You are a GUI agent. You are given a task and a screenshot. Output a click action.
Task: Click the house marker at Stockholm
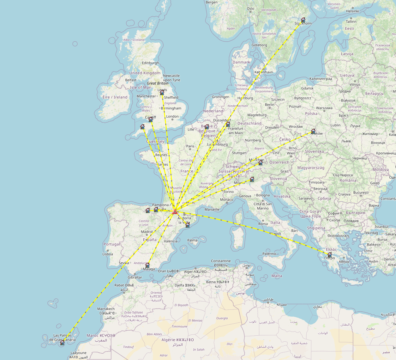coord(303,20)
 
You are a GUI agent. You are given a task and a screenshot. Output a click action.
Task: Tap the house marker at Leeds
coord(162,93)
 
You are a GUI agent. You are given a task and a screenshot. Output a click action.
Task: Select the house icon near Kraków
coord(313,131)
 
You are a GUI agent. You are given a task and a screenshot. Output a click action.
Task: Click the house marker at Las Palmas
coord(62,343)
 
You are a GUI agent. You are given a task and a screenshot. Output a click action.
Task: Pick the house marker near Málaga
coord(147,265)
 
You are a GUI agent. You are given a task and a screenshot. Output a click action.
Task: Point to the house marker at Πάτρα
coord(330,254)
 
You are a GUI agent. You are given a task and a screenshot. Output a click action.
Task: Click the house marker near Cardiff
coord(151,120)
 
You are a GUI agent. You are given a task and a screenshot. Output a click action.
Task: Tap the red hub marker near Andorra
coord(175,212)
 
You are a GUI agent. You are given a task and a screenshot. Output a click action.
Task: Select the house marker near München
coord(261,163)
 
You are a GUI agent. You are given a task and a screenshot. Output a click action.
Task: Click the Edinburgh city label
coord(150,63)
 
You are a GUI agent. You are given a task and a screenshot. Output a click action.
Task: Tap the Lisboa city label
coord(108,254)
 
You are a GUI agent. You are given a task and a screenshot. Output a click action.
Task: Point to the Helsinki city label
coord(352,11)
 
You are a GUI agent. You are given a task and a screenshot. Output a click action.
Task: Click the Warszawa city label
coord(324,108)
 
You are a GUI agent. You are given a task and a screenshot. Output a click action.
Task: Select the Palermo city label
coord(269,254)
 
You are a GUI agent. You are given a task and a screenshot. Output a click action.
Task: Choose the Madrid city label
coord(147,232)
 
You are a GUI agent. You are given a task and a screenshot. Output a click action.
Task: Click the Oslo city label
coord(250,9)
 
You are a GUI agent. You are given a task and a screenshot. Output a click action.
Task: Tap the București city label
coord(361,192)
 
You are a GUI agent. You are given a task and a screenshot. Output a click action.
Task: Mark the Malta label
coord(277,276)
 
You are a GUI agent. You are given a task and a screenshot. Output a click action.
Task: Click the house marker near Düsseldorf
coord(228,125)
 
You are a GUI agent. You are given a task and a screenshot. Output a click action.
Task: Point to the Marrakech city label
coord(106,309)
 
